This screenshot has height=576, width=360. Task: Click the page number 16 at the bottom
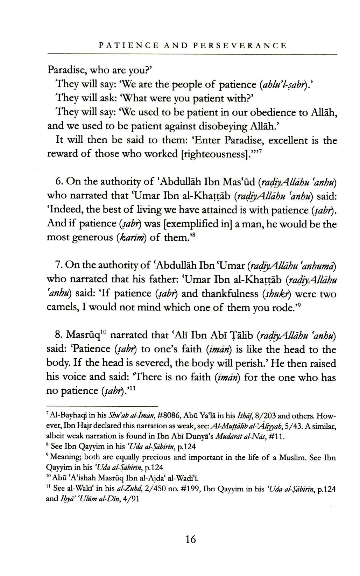191,539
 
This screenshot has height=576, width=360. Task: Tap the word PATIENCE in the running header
129,45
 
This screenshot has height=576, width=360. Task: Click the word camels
63,307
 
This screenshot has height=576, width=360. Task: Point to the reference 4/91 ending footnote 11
133,499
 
